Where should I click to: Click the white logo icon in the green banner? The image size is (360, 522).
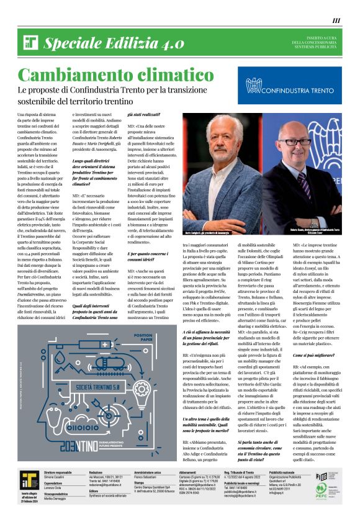point(31,43)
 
